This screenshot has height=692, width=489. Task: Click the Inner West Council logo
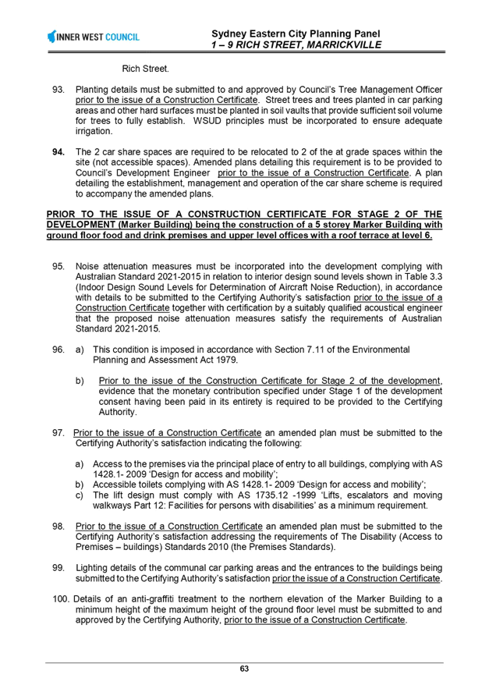pos(93,37)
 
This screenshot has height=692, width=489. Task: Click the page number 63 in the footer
pos(244,669)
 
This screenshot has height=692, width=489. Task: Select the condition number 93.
pos(58,90)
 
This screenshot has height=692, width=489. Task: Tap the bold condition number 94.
pos(58,152)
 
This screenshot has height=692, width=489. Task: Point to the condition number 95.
pos(58,267)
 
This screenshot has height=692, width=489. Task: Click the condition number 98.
pos(58,527)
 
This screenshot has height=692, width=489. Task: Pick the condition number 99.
pos(58,568)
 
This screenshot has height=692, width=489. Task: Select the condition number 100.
pos(62,599)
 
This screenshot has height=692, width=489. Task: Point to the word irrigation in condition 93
pos(94,132)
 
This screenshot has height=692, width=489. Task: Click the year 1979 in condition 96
pos(229,360)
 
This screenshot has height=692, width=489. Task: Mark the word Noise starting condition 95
pos(87,267)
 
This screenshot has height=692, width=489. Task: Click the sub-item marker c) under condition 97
pos(80,495)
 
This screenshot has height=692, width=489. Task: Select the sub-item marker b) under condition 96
pos(80,381)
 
